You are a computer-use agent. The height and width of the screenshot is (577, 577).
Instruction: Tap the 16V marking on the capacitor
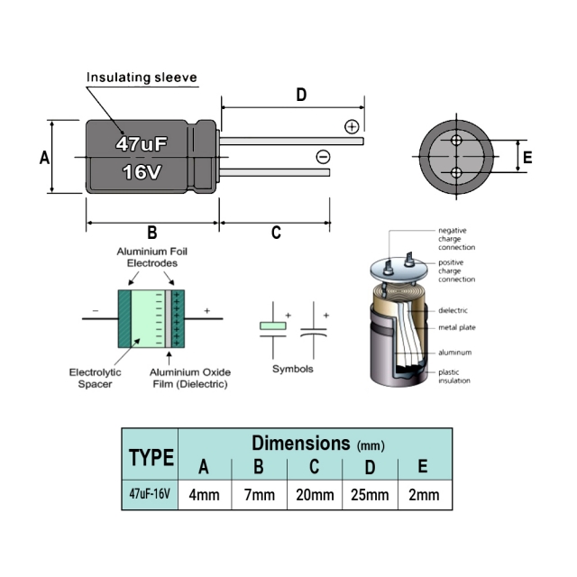point(142,171)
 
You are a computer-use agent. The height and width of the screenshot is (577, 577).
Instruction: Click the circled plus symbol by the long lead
point(352,126)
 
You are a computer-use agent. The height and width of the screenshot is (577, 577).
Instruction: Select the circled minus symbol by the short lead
point(323,157)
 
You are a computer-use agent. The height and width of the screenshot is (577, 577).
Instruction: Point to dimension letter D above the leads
point(301,95)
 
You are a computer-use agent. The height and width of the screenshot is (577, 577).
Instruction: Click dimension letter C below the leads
point(276,234)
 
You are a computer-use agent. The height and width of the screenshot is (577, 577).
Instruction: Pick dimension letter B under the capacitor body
point(152,233)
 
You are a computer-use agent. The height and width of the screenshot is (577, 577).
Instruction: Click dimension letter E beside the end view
point(527,158)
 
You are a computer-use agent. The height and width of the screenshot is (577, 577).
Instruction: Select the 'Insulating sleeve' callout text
point(142,78)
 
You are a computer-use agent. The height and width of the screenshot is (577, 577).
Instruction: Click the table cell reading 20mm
point(315,495)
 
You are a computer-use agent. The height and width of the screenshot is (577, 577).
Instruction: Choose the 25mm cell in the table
point(370,495)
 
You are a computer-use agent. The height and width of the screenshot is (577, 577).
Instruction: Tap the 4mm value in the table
point(204,495)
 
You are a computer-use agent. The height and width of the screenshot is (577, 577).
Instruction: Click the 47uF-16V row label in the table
point(151,495)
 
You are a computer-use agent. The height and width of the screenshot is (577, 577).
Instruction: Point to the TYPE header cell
point(151,457)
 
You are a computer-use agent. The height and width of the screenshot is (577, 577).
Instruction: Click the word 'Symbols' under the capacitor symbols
point(293,369)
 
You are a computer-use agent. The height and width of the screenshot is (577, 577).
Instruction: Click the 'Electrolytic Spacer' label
point(95,377)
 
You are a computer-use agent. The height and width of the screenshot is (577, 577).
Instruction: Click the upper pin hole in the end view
point(456,141)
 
